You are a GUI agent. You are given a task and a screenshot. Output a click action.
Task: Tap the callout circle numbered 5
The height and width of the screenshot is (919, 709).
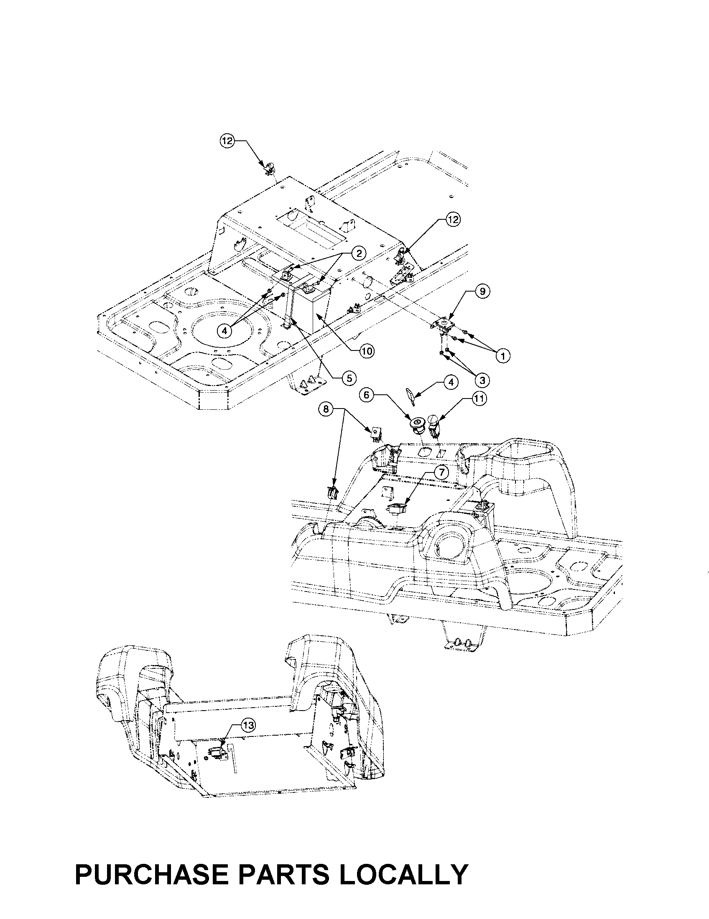(x=349, y=378)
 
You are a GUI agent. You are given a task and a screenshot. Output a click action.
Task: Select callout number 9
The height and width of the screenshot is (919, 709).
(x=482, y=291)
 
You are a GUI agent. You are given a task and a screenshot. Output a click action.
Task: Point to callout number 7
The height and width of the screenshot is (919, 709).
(x=441, y=472)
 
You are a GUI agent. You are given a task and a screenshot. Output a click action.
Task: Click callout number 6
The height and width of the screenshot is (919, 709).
(x=366, y=395)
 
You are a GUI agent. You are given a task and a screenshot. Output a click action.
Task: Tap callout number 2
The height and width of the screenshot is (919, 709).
(x=359, y=253)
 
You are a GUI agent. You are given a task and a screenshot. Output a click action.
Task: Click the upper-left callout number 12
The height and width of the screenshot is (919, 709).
(x=227, y=141)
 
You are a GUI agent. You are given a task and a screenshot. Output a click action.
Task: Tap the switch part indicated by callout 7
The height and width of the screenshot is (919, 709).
(x=397, y=510)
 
